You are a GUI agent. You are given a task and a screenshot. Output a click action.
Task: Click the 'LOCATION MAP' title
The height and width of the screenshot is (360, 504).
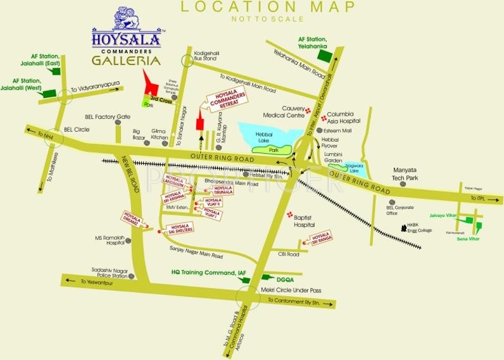(267, 8)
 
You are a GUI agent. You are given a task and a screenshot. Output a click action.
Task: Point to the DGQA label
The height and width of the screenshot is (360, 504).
(286, 278)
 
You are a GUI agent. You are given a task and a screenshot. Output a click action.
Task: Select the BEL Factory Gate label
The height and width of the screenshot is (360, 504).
(107, 116)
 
